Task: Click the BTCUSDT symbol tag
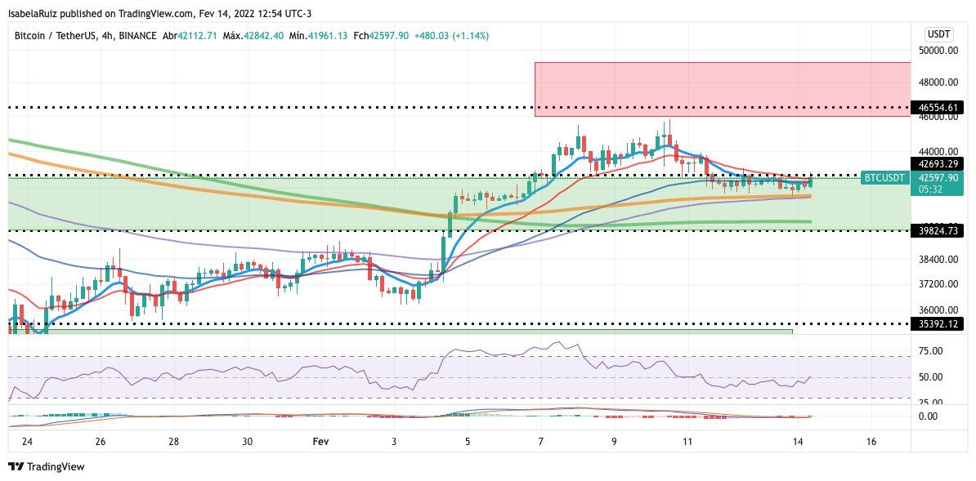pyautogui.click(x=884, y=177)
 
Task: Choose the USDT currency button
pyautogui.click(x=937, y=33)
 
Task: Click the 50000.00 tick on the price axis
pyautogui.click(x=938, y=50)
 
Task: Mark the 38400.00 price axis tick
pyautogui.click(x=938, y=260)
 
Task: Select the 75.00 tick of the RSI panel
pyautogui.click(x=929, y=351)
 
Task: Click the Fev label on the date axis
pyautogui.click(x=321, y=442)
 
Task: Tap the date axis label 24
pyautogui.click(x=27, y=442)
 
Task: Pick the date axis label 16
pyautogui.click(x=871, y=442)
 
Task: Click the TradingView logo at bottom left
pyautogui.click(x=47, y=467)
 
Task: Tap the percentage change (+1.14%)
pyautogui.click(x=472, y=36)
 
